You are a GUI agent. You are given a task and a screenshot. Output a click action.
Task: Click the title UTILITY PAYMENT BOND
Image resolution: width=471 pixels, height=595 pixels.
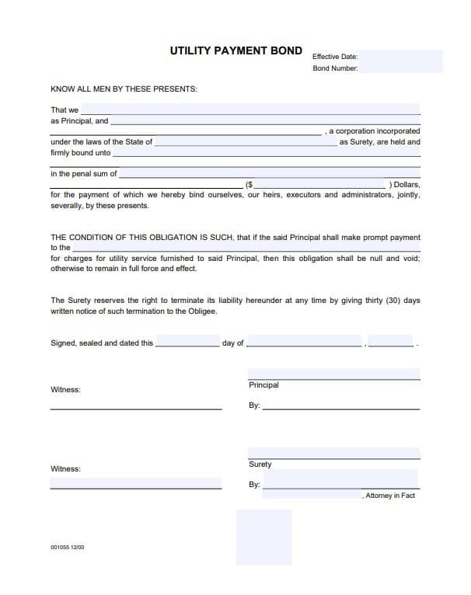tap(236, 50)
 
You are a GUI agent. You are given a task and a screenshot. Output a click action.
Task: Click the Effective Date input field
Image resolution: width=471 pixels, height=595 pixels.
tap(400, 56)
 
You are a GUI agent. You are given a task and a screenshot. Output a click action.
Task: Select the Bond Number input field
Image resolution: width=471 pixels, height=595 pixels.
tap(400, 68)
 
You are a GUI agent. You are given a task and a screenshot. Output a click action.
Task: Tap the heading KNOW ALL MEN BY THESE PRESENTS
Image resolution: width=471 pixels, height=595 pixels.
tap(124, 89)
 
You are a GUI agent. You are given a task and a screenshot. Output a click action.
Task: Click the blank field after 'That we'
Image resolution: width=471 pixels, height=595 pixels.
tap(250, 110)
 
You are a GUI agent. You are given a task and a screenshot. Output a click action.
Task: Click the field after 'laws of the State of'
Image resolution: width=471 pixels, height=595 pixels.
tap(245, 142)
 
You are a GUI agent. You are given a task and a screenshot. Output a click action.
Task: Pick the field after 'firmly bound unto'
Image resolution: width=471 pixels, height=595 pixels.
tap(266, 153)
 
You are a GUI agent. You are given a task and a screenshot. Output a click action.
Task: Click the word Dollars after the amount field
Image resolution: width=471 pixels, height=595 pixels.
tap(406, 185)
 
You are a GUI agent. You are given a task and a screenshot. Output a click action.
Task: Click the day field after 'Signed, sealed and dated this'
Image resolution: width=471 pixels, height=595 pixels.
tap(187, 342)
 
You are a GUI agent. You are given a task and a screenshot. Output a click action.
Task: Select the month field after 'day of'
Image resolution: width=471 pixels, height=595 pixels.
tap(304, 342)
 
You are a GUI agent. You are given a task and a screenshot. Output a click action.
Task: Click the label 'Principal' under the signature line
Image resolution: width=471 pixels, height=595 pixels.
tap(263, 385)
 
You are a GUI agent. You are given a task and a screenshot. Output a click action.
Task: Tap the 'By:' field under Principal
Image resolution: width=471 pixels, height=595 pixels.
tap(340, 405)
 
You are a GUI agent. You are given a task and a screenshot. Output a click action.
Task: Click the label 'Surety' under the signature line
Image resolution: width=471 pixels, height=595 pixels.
tap(260, 465)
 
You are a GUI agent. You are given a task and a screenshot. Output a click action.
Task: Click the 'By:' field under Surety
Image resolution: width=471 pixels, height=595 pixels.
tap(340, 483)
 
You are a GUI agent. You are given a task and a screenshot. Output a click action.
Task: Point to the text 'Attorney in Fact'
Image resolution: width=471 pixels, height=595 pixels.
tap(390, 496)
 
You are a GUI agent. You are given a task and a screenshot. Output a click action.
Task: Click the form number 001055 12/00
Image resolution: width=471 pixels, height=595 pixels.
tap(68, 548)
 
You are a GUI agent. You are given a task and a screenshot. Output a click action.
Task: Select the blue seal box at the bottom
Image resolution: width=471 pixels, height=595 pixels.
tap(264, 537)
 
